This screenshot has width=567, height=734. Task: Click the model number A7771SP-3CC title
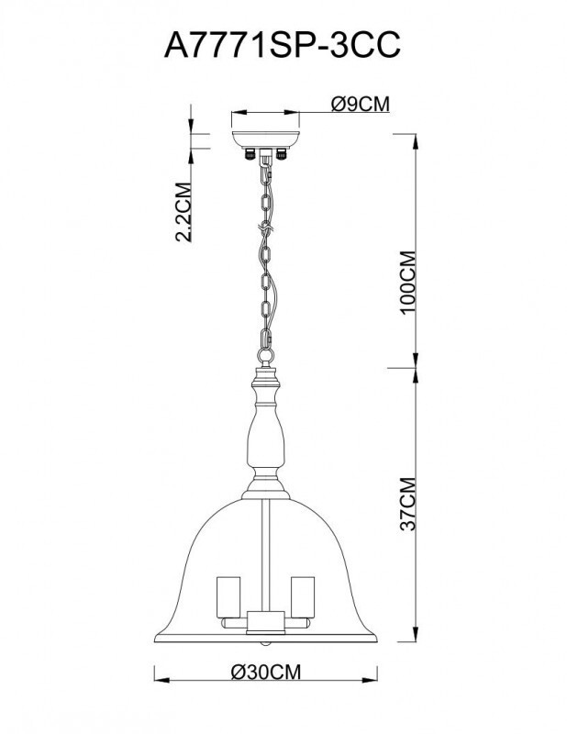[x=283, y=46]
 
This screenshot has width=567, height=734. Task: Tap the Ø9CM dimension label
[x=359, y=105]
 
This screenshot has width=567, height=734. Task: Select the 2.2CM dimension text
[x=183, y=212]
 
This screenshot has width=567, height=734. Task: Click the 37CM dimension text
[x=410, y=504]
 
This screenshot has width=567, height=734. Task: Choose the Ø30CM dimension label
[x=266, y=673]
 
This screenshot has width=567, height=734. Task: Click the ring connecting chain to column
[x=267, y=354]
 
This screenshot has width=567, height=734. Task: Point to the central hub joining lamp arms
[x=264, y=624]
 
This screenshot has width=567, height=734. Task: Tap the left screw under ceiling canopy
[x=247, y=155]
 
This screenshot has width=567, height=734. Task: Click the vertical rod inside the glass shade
[x=264, y=550]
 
